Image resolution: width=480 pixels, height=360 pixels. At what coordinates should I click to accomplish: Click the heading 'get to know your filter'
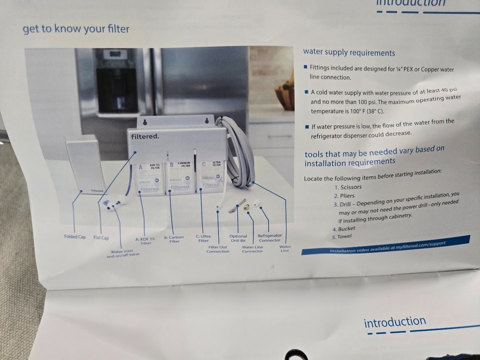coord(76,29)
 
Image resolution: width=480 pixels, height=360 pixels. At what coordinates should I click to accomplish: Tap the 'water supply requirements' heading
coord(349,53)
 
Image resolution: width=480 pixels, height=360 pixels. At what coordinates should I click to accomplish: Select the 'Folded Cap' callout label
coord(75,237)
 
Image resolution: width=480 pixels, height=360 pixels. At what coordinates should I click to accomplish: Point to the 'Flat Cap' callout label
coord(101,238)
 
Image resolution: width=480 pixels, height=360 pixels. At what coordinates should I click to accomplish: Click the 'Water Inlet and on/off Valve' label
coord(123,253)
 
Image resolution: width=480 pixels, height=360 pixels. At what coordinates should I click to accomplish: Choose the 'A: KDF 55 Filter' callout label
coord(144,240)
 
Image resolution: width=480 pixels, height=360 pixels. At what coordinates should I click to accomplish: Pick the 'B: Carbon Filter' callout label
coord(174,239)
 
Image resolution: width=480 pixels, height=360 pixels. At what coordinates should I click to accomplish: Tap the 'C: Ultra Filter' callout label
coord(204,238)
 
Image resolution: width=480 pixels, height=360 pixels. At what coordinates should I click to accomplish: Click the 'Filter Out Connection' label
coord(218,249)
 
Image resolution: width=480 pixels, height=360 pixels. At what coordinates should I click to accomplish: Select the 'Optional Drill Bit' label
coord(238,238)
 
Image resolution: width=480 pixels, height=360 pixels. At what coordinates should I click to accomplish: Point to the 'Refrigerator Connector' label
coord(269,238)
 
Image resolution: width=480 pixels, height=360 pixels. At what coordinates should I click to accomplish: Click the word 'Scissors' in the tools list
coord(352,187)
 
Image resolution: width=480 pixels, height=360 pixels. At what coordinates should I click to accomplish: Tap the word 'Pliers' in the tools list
coord(348,196)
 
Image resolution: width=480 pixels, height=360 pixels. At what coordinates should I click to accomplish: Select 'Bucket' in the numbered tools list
coord(347,229)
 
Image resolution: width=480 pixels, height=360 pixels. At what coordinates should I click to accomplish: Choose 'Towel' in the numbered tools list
coord(344,236)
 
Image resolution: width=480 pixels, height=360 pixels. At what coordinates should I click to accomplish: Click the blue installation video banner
coord(386,245)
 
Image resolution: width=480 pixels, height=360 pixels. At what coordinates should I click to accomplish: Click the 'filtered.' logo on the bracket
coord(145,137)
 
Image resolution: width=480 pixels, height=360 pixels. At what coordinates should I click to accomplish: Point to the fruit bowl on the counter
coord(285,95)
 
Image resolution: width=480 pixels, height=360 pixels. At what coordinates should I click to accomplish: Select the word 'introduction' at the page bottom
coord(395,322)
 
